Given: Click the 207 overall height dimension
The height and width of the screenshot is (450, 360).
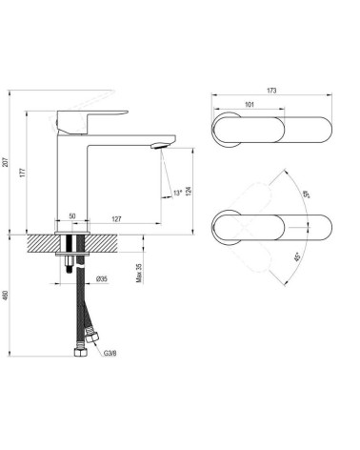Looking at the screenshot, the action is (x=5, y=162).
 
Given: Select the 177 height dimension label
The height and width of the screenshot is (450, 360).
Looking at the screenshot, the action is (x=22, y=173).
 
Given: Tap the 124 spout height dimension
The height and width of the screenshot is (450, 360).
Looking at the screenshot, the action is (x=189, y=192).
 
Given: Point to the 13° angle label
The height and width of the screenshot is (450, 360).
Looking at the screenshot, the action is (x=177, y=193).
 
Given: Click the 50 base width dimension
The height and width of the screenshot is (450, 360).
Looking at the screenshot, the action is (x=72, y=216).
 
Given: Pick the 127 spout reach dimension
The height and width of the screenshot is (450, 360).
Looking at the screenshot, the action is (x=117, y=219).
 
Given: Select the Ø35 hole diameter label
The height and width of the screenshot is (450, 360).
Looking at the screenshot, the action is (x=102, y=279).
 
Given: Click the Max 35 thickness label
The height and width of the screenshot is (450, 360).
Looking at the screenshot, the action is (x=139, y=273).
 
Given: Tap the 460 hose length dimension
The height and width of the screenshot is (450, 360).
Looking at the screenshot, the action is (x=5, y=296).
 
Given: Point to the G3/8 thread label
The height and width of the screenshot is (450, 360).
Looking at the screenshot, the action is (x=110, y=353).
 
